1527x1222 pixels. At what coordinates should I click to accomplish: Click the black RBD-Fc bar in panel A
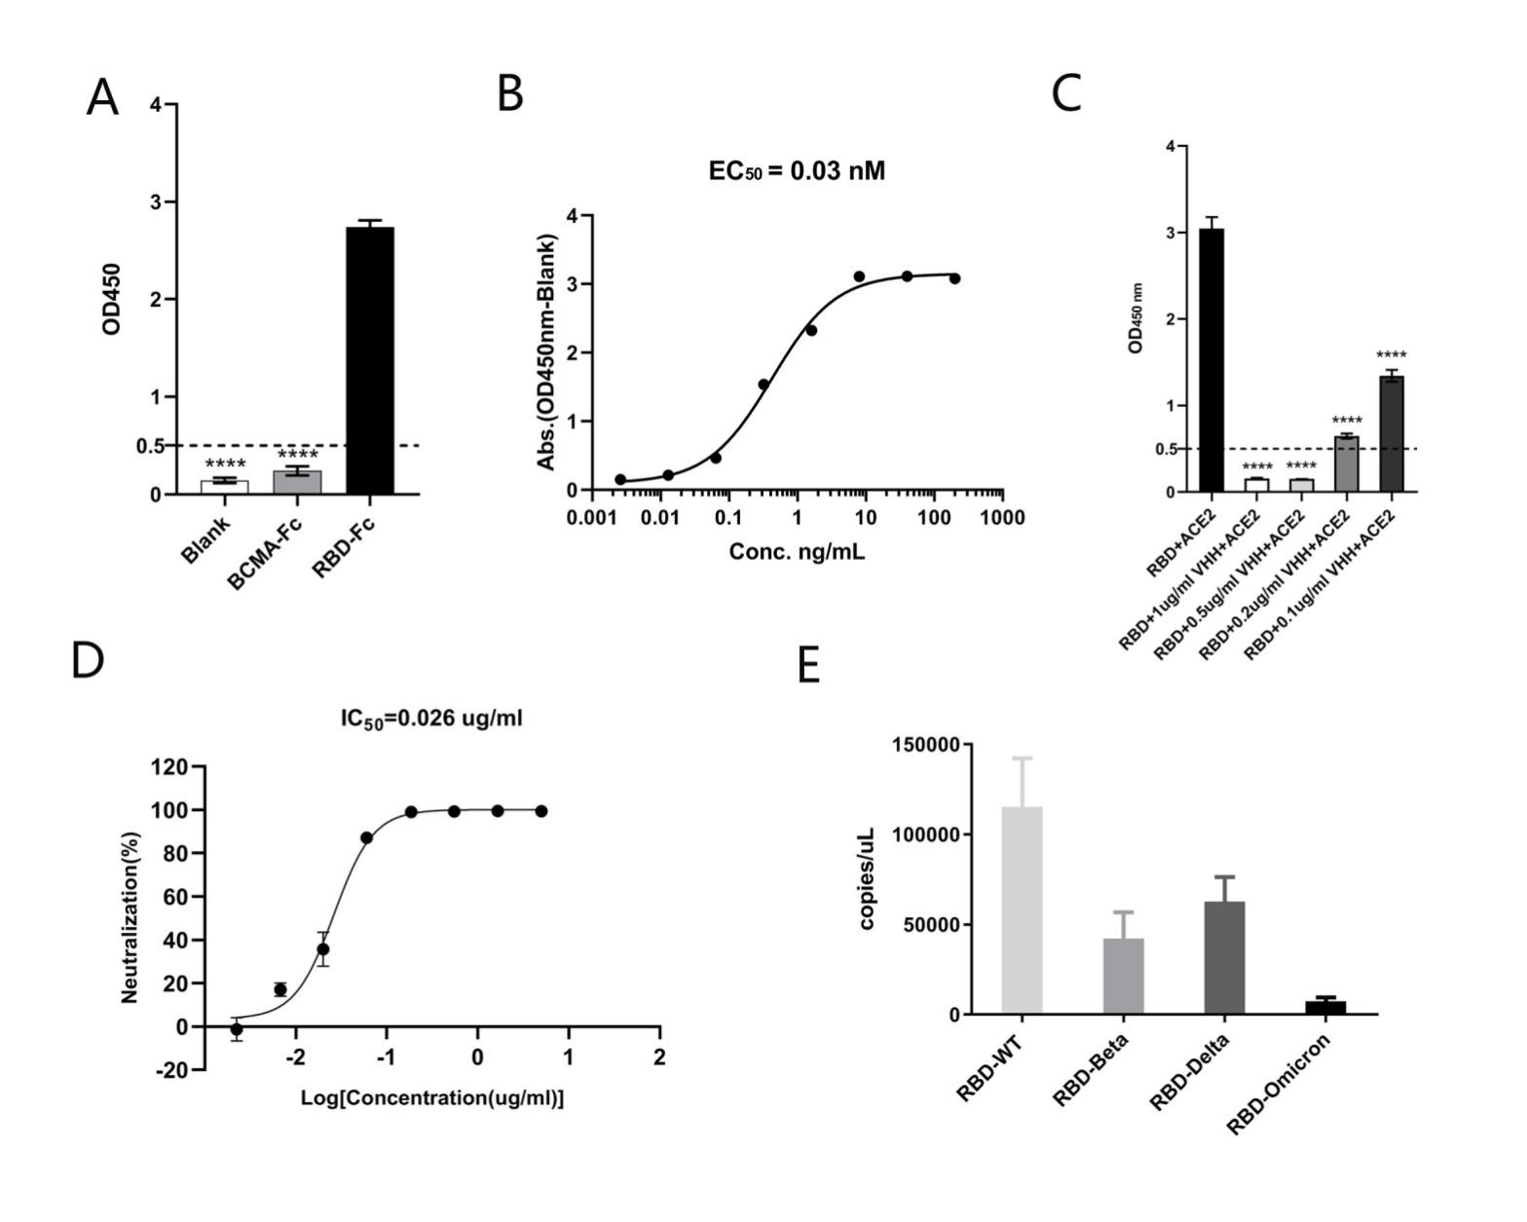(x=370, y=360)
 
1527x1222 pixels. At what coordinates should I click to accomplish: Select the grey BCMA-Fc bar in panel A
(x=297, y=482)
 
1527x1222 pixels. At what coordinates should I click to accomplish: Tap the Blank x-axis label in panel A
(x=205, y=538)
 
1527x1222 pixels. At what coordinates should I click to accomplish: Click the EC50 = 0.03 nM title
(x=797, y=171)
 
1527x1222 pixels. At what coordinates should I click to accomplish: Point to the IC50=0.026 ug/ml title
(x=431, y=719)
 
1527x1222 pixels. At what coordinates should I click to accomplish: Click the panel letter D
(x=88, y=660)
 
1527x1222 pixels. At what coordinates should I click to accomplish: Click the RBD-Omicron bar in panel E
(x=1325, y=1007)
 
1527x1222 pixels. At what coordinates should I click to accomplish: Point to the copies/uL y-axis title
(x=867, y=878)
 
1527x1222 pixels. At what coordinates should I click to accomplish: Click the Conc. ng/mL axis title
(x=797, y=552)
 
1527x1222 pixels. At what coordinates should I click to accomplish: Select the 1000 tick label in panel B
(x=1002, y=517)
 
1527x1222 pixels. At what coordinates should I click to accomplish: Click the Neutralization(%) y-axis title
(x=130, y=916)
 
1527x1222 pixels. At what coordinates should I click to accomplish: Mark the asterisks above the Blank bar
(x=225, y=463)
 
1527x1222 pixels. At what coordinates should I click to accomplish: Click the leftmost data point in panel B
(x=620, y=479)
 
